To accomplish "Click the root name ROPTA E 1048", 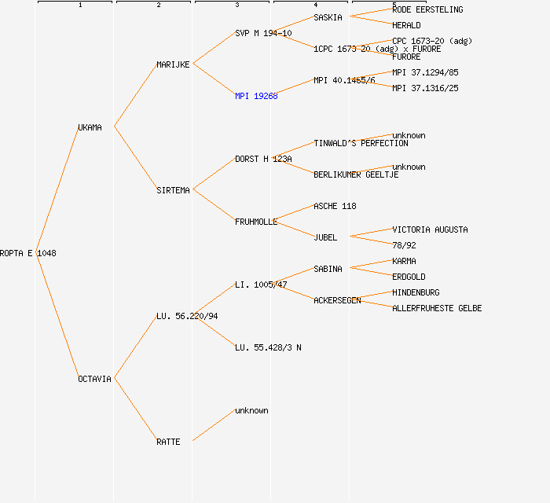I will point(28,253).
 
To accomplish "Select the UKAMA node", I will point(90,127).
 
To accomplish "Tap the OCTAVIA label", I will point(94,379).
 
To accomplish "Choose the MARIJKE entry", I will point(173,64).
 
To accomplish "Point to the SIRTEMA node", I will point(173,190).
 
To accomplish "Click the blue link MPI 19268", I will point(256,96).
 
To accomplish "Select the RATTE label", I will point(168,442).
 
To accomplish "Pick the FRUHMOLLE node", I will point(256,222).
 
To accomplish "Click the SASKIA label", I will point(328,17).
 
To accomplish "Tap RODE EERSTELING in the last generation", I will point(427,9).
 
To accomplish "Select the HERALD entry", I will point(406,25).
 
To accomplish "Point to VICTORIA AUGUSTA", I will point(430,229).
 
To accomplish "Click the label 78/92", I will point(404,245).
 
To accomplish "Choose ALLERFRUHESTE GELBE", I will point(437,308).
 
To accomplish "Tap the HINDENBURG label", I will point(416,292).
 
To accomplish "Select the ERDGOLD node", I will point(409,277).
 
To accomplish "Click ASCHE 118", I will point(335,206).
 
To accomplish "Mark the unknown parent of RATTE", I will point(251,410).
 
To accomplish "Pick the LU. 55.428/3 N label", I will point(268,347).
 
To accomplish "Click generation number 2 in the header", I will point(158,6).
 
